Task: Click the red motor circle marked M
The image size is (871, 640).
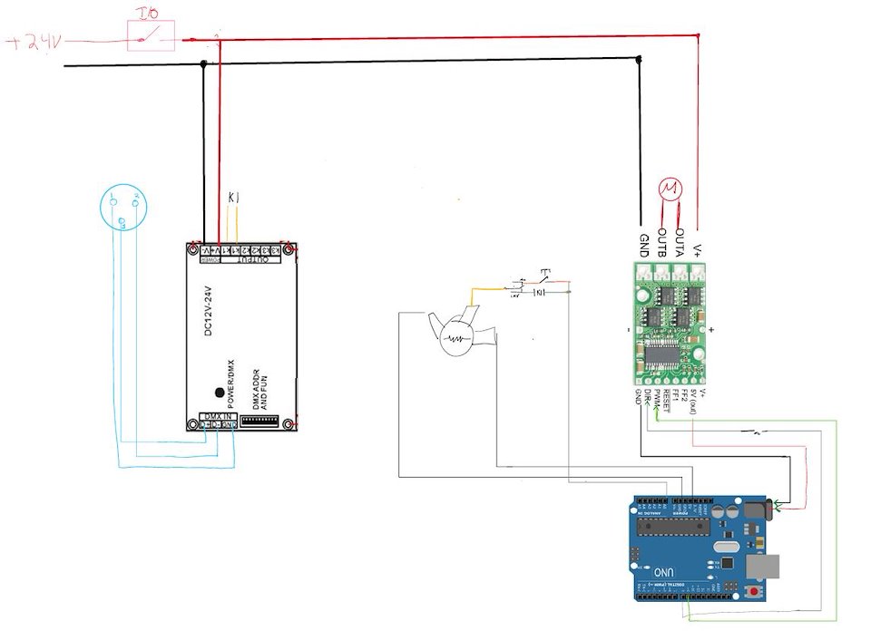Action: [x=670, y=189]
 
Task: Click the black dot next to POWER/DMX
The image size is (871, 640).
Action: [x=219, y=393]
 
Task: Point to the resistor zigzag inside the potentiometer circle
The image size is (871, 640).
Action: [x=456, y=341]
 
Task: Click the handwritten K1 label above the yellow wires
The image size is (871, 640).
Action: [x=232, y=197]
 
